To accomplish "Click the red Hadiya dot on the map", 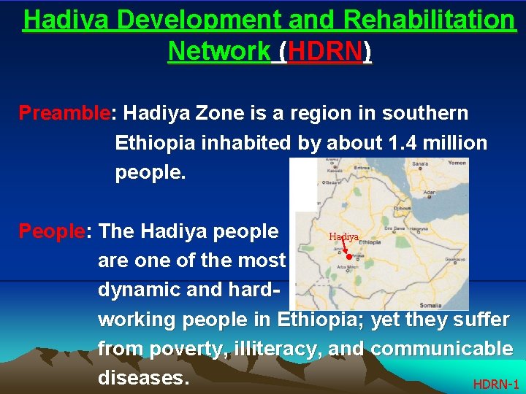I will click(x=349, y=256).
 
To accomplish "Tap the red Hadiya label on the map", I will click(x=343, y=237).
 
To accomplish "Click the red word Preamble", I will click(x=64, y=114).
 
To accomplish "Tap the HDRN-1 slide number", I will click(x=496, y=384).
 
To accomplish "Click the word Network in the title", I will click(x=218, y=51).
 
